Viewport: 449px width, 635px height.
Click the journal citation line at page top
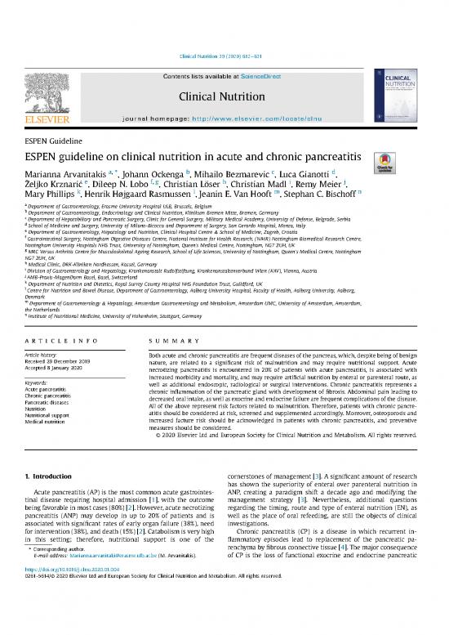point(224,56)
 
